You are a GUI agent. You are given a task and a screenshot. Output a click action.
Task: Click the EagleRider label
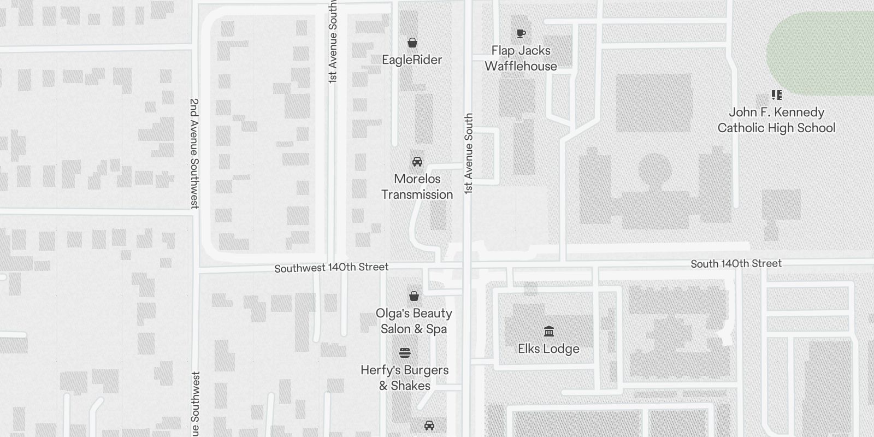412,60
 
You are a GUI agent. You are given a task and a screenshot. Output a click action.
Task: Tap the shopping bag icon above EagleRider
412,43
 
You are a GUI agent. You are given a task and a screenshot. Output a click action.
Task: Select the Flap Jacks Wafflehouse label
521,58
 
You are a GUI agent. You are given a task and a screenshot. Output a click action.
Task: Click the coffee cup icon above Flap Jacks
521,33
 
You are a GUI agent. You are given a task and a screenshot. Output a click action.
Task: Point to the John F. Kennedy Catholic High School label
776,120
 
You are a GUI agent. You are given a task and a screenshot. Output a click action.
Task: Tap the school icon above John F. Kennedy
776,96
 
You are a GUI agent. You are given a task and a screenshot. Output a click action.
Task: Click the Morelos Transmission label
417,186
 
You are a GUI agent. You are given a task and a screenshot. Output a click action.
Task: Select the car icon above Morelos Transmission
417,162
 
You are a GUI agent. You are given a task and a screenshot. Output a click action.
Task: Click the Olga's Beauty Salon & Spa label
414,321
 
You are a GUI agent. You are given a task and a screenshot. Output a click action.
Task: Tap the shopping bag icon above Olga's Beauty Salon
414,296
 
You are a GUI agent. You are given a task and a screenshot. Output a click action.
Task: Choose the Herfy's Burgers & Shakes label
405,377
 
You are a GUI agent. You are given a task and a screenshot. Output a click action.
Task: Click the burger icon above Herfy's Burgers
405,353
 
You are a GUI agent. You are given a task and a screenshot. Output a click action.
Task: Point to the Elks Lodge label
548,349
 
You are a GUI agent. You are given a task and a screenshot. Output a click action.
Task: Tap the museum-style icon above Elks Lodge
549,332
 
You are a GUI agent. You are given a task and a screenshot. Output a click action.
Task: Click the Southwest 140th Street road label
332,268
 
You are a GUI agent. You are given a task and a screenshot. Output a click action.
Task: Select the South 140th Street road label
736,264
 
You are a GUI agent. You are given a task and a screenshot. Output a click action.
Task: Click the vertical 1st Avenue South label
469,153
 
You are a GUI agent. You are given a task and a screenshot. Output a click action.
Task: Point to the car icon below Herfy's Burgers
429,426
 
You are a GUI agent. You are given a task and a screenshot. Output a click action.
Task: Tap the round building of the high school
654,170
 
